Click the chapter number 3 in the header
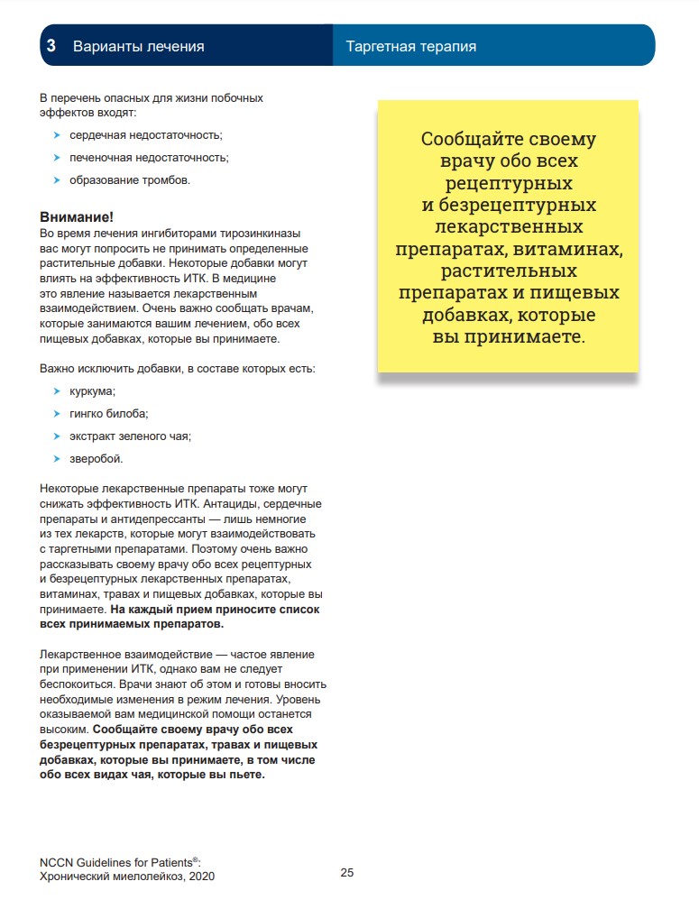click(x=52, y=46)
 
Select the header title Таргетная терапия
click(x=411, y=46)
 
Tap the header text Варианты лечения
click(x=138, y=46)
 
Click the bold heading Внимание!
click(x=78, y=217)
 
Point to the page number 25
click(x=347, y=873)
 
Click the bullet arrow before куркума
click(x=57, y=390)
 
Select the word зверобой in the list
click(x=96, y=459)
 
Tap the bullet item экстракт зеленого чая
click(x=130, y=436)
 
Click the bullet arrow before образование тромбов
click(x=57, y=179)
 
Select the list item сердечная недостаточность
click(x=145, y=134)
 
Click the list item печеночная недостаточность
click(x=149, y=157)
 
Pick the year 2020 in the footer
click(x=200, y=876)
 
